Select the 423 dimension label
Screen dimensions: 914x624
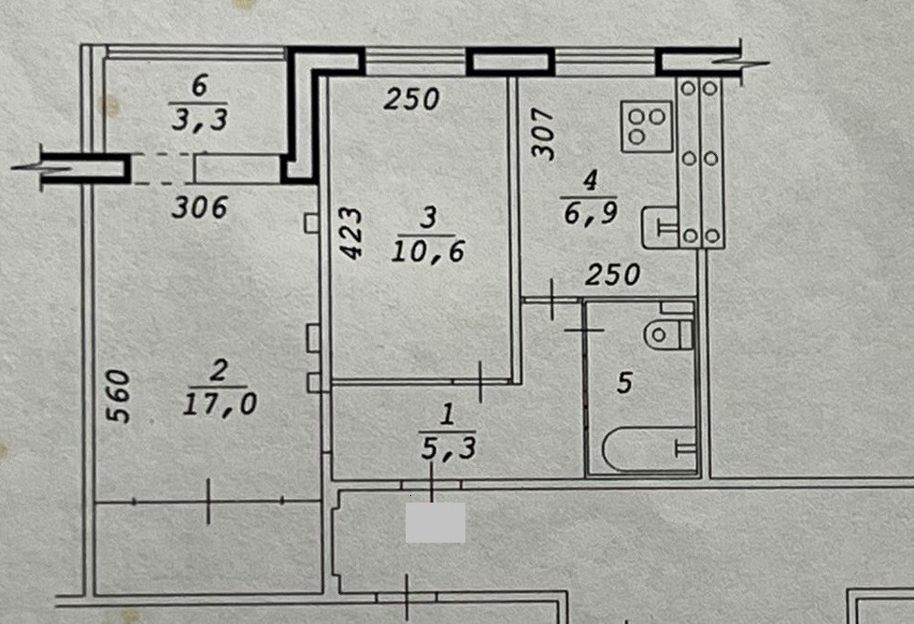point(352,233)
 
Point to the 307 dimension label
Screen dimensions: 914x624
point(543,134)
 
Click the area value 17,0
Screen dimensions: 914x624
point(220,404)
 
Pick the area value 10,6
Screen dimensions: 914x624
point(428,252)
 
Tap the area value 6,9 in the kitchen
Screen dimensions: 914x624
point(591,215)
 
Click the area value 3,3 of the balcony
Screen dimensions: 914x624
point(200,120)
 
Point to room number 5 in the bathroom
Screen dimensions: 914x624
point(624,383)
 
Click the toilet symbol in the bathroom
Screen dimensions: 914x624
point(668,334)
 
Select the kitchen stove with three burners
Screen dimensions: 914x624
point(647,126)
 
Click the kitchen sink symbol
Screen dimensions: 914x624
point(660,227)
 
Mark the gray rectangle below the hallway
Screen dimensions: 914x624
point(436,522)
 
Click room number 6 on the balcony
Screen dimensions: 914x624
point(199,86)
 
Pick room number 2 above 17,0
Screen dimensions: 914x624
point(219,371)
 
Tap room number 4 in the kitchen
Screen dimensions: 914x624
point(591,180)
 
